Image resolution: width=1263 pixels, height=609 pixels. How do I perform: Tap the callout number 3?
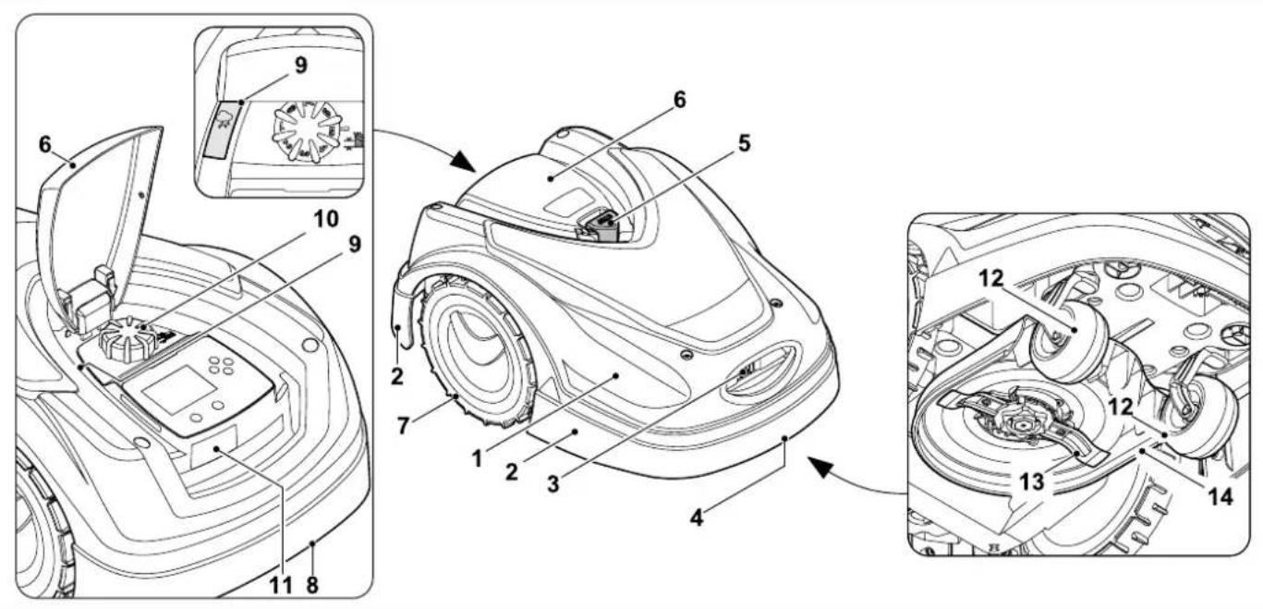pyautogui.click(x=553, y=483)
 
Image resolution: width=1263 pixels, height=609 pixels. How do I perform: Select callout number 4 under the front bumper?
pyautogui.click(x=697, y=518)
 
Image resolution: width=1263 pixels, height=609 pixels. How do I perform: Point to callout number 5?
pyautogui.click(x=745, y=143)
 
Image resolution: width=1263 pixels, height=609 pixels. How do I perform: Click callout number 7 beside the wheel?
pyautogui.click(x=403, y=426)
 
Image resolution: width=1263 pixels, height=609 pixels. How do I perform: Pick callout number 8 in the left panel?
pyautogui.click(x=312, y=585)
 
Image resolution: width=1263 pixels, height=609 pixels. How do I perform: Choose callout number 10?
pyautogui.click(x=326, y=219)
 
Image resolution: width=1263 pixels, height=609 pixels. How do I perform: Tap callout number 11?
pyautogui.click(x=280, y=585)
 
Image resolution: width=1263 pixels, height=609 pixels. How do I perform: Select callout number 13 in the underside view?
pyautogui.click(x=1031, y=482)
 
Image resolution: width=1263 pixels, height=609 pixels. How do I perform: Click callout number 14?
pyautogui.click(x=1220, y=497)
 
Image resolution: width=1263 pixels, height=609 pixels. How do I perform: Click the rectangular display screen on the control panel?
pyautogui.click(x=178, y=388)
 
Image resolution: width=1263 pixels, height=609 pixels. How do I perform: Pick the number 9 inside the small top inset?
pyautogui.click(x=301, y=66)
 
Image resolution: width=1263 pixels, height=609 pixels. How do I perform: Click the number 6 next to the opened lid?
pyautogui.click(x=44, y=145)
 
